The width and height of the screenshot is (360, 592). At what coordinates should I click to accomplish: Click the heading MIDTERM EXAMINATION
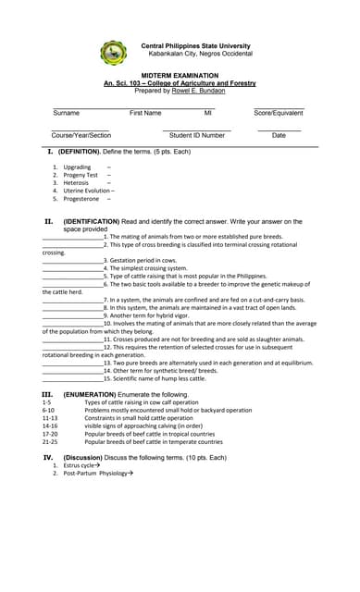[x=180, y=76]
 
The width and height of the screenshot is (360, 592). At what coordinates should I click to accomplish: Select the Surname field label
[x=66, y=113]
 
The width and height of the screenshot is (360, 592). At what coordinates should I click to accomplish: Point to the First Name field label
[x=145, y=113]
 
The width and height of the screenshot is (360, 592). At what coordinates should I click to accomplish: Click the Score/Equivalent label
[x=279, y=113]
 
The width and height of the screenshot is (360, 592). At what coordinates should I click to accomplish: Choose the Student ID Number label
[x=197, y=135]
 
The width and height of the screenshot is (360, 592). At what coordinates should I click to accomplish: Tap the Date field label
[x=279, y=135]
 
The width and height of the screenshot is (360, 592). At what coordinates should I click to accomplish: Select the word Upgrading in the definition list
[x=77, y=167]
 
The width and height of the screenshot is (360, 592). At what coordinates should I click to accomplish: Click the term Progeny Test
[x=81, y=175]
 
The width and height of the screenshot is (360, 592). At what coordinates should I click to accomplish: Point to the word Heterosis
[x=77, y=183]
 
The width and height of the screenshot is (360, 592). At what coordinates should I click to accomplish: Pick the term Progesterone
[x=81, y=199]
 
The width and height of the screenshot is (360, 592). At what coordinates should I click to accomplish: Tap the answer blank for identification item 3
[x=73, y=261]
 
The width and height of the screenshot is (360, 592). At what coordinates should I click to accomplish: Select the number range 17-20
[x=50, y=433]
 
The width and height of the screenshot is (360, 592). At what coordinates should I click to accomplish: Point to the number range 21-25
[x=50, y=441]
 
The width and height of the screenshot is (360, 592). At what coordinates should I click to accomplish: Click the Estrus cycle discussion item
[x=81, y=465]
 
